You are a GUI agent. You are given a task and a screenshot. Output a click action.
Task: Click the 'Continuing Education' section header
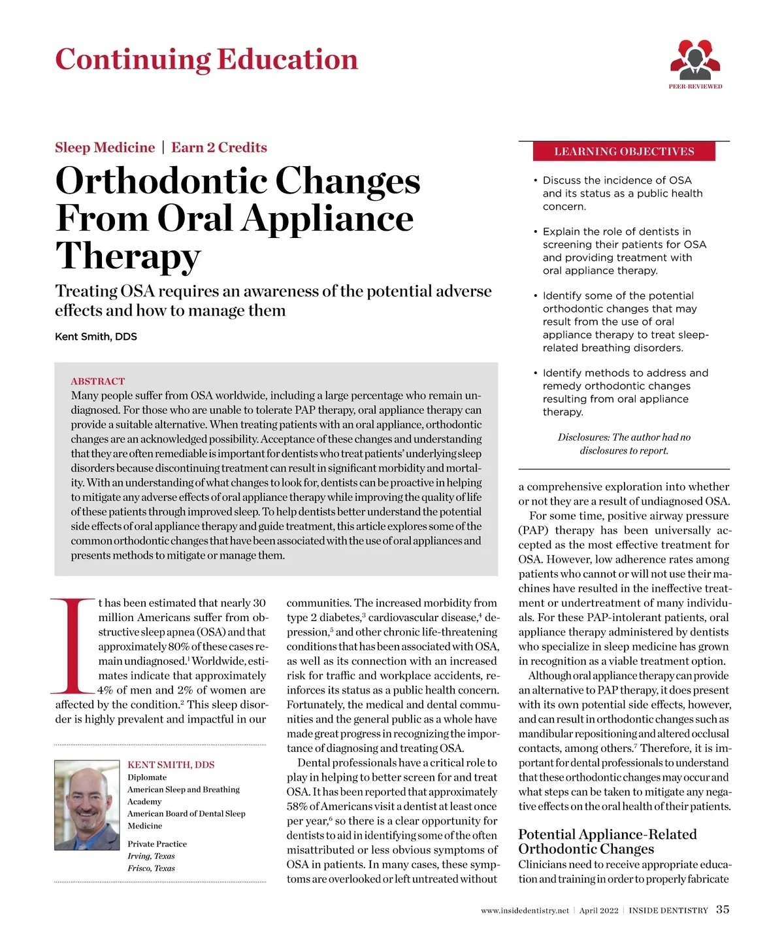click(x=206, y=59)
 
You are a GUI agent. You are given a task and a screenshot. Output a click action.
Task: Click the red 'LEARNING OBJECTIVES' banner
click(x=624, y=152)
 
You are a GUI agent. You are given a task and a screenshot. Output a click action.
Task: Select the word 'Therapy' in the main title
click(x=128, y=256)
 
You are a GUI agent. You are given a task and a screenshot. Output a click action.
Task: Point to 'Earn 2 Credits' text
click(x=219, y=147)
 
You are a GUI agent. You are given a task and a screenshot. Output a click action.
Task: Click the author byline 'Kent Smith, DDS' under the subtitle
click(x=96, y=337)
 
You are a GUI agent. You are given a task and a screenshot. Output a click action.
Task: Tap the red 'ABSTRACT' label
click(x=97, y=381)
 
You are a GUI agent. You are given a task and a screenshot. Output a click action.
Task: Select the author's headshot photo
click(x=88, y=805)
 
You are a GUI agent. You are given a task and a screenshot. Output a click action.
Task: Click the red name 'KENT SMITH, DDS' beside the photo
click(x=171, y=765)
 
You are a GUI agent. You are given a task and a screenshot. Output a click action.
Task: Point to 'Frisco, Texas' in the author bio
click(x=151, y=868)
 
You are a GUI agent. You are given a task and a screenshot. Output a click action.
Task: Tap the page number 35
click(x=723, y=909)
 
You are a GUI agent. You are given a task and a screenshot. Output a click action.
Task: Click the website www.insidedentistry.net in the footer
click(x=525, y=910)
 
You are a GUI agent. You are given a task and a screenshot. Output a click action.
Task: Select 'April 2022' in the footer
click(x=598, y=910)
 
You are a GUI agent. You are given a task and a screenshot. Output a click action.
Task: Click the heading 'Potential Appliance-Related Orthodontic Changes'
click(x=607, y=841)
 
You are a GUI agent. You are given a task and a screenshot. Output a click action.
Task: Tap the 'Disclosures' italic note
click(x=624, y=444)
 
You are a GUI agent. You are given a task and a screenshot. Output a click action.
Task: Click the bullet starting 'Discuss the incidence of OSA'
click(x=617, y=193)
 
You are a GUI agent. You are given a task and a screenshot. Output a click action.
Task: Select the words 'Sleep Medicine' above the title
click(x=105, y=147)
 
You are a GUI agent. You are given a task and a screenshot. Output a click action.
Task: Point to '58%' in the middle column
click(x=297, y=806)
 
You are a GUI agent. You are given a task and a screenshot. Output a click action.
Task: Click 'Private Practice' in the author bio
click(x=157, y=844)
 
